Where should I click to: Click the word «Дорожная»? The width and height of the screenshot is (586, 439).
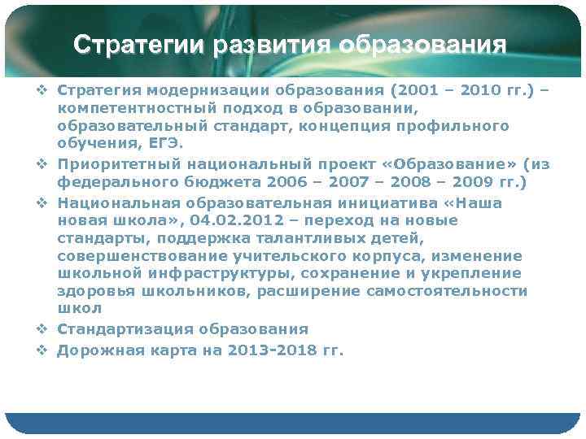(92, 350)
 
